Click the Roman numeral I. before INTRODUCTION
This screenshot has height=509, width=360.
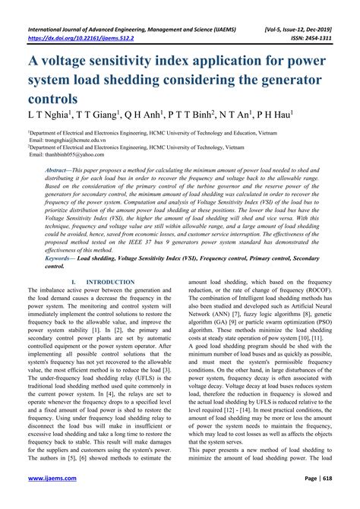[72, 282]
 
